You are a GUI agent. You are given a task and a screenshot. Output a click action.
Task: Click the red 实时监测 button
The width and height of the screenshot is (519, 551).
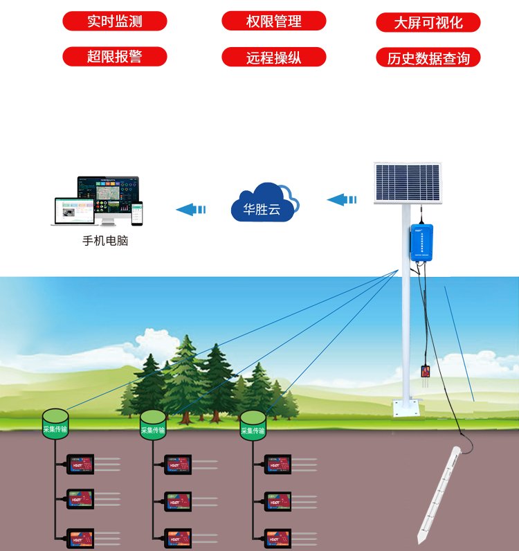115,21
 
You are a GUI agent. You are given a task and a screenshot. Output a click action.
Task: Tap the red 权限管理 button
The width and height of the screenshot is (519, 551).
273,21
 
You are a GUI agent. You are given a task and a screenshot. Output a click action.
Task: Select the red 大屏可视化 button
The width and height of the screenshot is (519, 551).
428,22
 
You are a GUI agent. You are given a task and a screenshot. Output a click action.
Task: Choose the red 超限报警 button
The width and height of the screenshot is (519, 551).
115,57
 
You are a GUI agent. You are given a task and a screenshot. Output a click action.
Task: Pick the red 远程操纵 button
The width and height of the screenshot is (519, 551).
273,57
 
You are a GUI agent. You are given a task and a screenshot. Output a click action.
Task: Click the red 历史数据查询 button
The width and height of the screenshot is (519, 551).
428,57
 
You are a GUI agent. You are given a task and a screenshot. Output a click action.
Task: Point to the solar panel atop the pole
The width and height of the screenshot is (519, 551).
407,183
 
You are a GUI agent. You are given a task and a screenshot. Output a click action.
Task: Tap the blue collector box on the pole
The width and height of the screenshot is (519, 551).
421,242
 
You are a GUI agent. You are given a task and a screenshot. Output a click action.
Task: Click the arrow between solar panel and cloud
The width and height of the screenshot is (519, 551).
342,200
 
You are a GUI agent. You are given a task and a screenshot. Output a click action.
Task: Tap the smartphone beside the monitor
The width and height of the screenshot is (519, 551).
137,213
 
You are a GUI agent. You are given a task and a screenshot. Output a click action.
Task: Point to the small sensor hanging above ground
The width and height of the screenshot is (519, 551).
424,374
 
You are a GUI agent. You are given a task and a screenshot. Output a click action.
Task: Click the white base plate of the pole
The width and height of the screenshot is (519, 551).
406,409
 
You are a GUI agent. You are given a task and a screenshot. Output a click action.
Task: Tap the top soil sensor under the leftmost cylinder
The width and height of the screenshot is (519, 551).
80,464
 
